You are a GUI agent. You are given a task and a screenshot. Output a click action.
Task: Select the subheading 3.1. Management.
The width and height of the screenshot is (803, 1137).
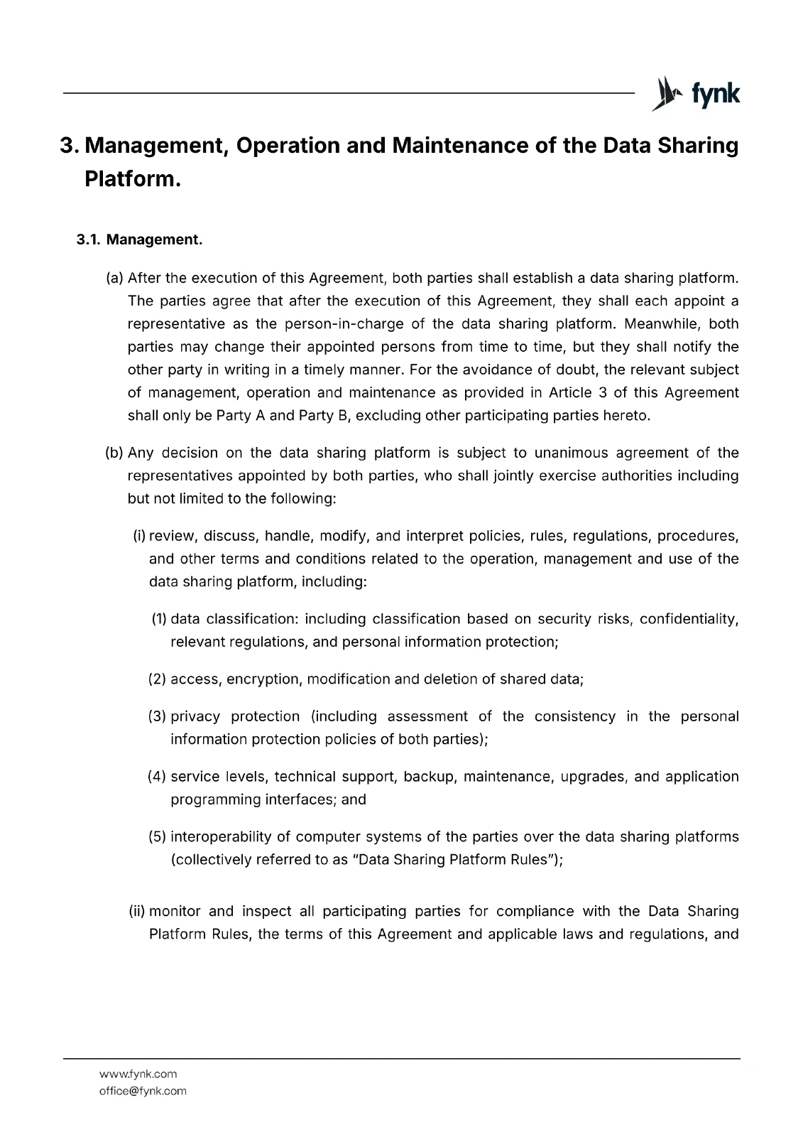(140, 239)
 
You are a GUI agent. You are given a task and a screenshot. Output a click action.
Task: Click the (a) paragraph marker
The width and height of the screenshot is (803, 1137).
(114, 278)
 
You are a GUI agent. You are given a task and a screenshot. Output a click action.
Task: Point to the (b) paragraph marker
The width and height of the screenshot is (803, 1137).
(114, 453)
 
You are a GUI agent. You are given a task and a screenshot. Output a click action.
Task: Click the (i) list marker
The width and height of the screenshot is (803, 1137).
(139, 536)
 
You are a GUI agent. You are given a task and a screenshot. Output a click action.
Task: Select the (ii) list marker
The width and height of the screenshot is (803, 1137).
(137, 911)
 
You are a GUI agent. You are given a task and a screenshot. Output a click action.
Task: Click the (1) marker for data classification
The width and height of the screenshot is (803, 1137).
(159, 619)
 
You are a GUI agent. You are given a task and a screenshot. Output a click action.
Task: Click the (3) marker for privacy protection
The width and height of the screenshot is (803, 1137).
(158, 716)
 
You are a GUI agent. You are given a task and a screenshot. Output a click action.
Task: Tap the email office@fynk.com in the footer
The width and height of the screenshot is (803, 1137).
(143, 1091)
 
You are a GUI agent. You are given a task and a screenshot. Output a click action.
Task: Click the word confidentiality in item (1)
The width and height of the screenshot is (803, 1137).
(688, 619)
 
